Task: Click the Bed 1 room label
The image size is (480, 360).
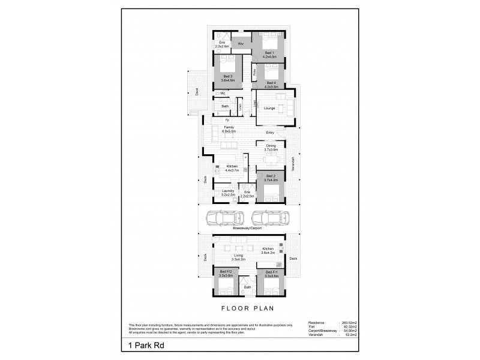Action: click(x=268, y=53)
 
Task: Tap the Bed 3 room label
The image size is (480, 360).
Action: click(x=227, y=77)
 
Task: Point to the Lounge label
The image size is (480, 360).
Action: click(x=269, y=108)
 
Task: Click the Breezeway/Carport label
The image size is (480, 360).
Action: click(x=247, y=229)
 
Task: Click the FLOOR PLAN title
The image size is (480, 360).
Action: click(x=247, y=310)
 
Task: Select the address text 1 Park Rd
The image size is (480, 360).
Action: click(x=146, y=346)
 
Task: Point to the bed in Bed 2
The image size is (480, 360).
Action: click(x=271, y=191)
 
